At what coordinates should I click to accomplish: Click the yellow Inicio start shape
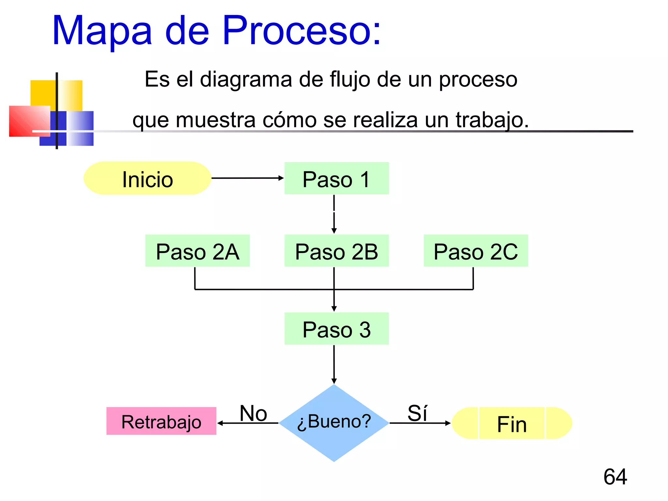(x=147, y=178)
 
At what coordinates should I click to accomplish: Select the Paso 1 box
(x=336, y=178)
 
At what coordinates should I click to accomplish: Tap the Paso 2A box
(x=197, y=251)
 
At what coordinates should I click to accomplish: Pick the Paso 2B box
(x=336, y=251)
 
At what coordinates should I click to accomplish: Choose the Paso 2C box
(x=476, y=251)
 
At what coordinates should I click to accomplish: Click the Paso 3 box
(x=336, y=329)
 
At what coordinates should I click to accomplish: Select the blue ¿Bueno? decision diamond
(x=334, y=423)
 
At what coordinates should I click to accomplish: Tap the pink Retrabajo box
(x=161, y=421)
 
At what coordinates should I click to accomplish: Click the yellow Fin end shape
(x=511, y=423)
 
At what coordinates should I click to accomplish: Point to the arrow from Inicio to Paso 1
(x=247, y=178)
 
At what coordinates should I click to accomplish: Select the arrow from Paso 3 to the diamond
(x=334, y=364)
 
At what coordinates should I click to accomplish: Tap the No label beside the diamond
(x=253, y=413)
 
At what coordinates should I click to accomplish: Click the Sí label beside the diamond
(x=417, y=413)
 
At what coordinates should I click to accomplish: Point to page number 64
(x=615, y=477)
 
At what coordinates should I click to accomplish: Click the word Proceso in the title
(x=302, y=31)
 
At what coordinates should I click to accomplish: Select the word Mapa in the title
(x=102, y=31)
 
